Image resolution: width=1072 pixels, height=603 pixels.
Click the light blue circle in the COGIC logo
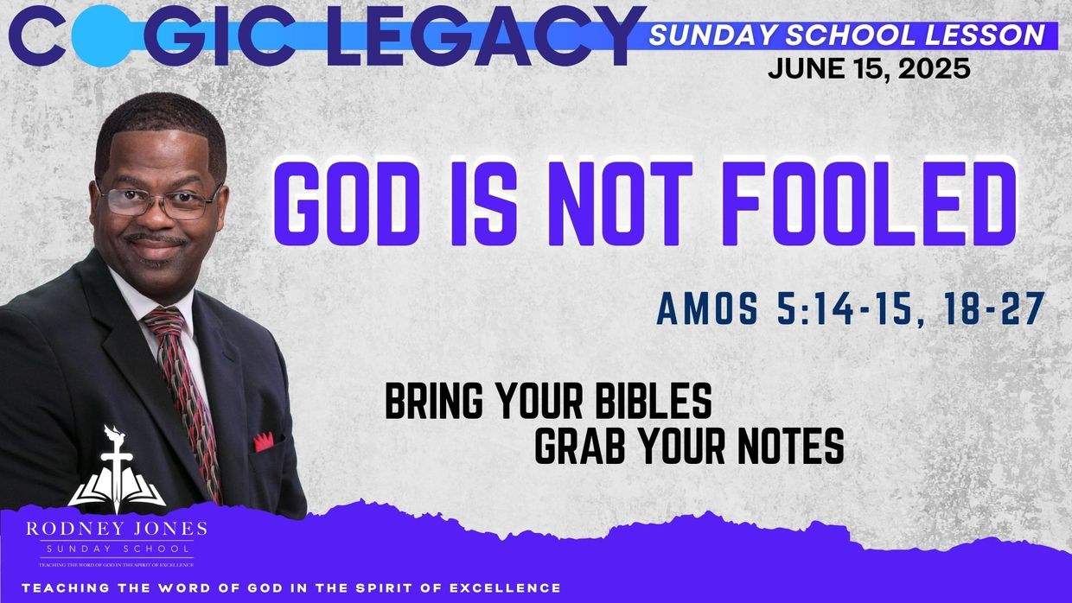[x=102, y=36]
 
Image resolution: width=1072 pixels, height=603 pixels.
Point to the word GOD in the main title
[x=345, y=204]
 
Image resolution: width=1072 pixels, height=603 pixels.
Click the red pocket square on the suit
[x=263, y=441]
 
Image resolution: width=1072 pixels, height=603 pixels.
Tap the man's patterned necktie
[x=185, y=389]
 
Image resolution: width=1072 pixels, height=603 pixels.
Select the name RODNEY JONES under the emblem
[x=116, y=529]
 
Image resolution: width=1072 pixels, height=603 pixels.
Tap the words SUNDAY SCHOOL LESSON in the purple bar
[x=846, y=35]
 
